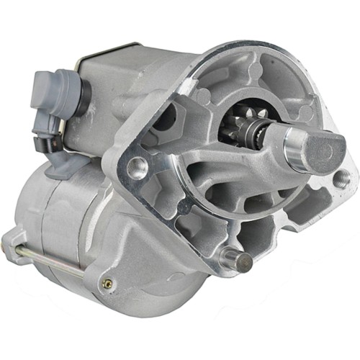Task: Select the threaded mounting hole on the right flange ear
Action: coord(341,176)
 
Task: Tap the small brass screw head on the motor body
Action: coord(108,283)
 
